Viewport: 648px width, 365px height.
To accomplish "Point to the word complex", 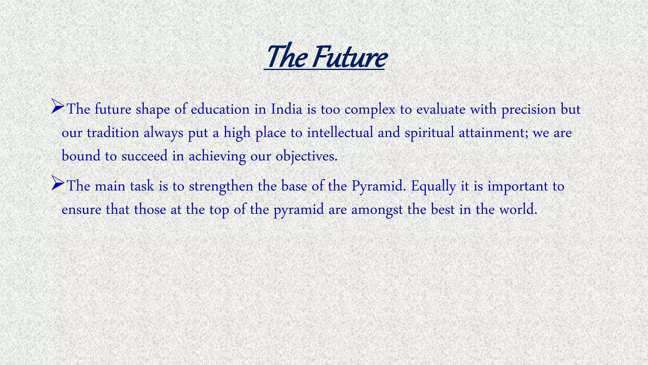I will coord(370,110).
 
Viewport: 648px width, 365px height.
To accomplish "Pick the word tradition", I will coord(113,132).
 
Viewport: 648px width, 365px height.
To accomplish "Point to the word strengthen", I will coord(221,186).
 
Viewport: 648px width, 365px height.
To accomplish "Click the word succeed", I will coord(144,156).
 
